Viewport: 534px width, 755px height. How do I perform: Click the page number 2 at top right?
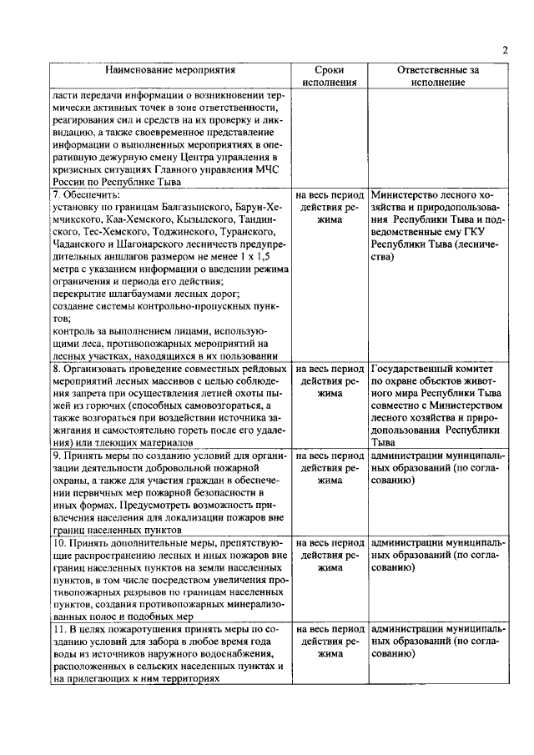[x=505, y=50]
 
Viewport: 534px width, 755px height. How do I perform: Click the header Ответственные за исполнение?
[x=438, y=77]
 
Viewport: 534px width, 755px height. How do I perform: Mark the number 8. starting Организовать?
[x=57, y=369]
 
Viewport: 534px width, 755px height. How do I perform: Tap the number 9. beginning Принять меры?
[x=57, y=456]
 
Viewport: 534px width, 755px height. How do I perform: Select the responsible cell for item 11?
[x=438, y=642]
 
